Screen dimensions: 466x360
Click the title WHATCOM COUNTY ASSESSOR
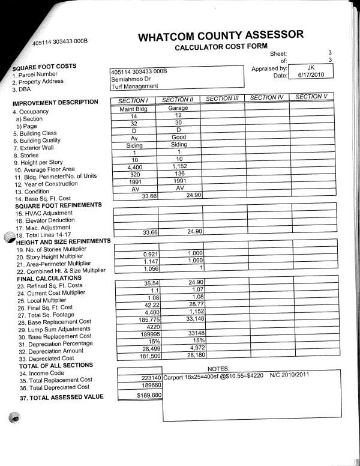(221, 36)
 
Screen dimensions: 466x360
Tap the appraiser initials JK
(310, 68)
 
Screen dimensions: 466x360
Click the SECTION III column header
(223, 98)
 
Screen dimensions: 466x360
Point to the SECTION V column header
(311, 97)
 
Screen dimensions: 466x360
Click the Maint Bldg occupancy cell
(134, 108)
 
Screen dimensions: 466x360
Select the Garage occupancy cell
(178, 108)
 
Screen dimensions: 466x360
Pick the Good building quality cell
(178, 137)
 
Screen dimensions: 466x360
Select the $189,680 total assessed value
(146, 396)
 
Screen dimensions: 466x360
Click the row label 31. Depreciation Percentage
(55, 344)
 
